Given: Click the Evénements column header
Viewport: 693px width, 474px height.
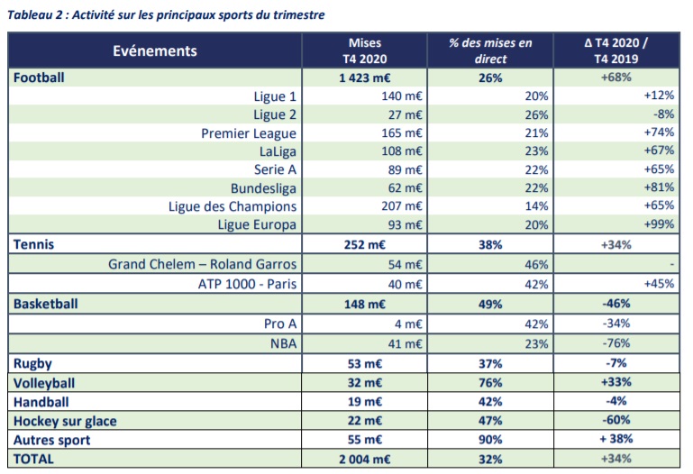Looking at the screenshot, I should (155, 50).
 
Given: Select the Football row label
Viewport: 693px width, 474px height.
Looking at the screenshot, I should (39, 77).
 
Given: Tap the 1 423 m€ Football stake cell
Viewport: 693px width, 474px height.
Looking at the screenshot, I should (364, 78).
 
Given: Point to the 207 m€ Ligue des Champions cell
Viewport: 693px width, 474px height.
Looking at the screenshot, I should (402, 206).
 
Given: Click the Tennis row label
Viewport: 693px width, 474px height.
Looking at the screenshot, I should (34, 243).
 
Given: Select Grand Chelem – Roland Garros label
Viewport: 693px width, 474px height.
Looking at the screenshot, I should (202, 264).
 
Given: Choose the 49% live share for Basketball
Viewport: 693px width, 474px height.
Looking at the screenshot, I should (491, 304).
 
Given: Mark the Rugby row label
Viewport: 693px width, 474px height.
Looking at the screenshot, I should (32, 363).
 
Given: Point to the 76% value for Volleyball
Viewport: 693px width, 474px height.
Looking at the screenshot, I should (491, 382).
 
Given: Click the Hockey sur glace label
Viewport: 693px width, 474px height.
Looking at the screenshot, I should (65, 421).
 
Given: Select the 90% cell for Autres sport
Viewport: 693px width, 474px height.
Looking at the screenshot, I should (491, 440).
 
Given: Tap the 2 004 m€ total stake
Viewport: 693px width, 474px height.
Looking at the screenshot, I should (364, 459).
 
